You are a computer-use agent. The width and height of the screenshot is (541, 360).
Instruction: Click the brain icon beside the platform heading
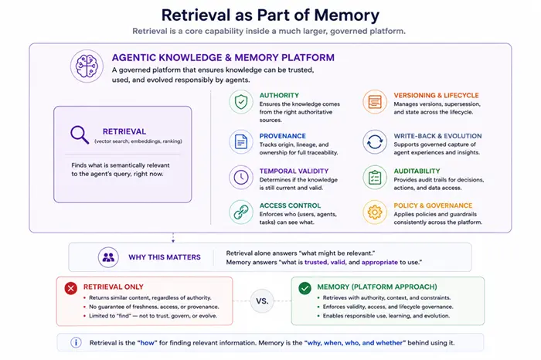click(87, 66)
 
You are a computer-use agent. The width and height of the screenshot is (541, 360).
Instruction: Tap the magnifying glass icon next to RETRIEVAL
click(80, 134)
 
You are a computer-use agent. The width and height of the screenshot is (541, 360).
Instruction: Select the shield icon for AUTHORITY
click(241, 102)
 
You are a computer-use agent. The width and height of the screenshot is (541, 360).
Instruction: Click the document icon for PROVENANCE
click(241, 142)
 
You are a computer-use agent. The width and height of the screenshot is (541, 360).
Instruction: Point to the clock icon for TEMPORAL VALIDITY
click(241, 177)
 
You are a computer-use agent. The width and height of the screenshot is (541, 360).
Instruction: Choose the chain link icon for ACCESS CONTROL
click(241, 212)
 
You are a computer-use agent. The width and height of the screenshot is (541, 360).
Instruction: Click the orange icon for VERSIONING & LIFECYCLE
click(375, 102)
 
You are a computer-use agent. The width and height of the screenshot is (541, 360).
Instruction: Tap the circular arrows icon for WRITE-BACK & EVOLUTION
click(375, 142)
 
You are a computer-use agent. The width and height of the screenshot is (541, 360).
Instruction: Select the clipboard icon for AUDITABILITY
click(375, 177)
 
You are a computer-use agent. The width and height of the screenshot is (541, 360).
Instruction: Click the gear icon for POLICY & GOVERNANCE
click(375, 212)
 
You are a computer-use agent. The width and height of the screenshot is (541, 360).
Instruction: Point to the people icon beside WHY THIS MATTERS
click(108, 257)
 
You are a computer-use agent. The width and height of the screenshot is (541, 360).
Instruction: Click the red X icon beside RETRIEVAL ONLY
click(71, 288)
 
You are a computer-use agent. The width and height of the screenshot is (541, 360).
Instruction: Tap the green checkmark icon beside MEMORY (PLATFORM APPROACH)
click(305, 288)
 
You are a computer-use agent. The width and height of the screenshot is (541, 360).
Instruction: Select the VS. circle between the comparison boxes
click(262, 301)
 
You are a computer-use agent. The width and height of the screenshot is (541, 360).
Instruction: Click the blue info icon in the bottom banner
click(76, 342)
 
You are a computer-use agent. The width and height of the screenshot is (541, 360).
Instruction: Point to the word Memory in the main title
click(347, 15)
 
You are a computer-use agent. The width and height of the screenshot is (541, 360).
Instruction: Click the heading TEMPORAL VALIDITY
click(294, 171)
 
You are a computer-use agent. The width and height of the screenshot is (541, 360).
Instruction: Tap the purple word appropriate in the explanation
click(379, 262)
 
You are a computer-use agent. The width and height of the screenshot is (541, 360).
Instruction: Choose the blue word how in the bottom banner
click(148, 343)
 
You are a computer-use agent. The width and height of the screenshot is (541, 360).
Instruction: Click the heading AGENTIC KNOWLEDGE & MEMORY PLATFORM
click(223, 58)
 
